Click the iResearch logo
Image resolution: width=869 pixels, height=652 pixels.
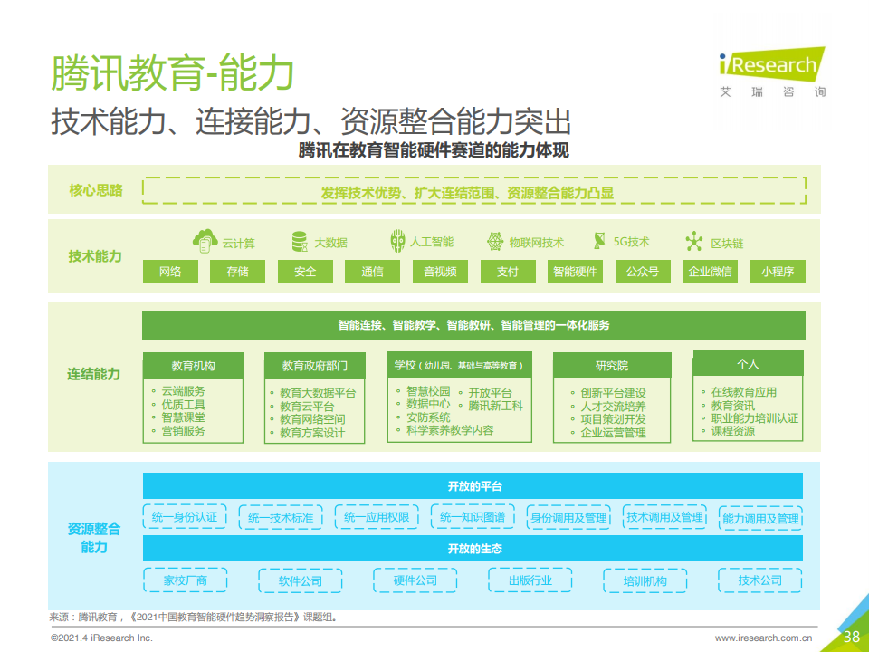772,72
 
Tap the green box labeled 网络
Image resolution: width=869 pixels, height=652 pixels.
170,272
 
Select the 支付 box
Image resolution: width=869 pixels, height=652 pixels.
508,272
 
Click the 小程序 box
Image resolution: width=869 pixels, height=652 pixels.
778,272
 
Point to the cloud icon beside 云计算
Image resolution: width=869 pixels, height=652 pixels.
205,241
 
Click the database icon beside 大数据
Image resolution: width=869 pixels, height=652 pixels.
300,242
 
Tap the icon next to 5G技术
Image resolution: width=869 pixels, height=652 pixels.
599,241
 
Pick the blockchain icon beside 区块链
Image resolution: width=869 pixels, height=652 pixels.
694,242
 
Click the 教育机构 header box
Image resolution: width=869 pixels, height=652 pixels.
194,365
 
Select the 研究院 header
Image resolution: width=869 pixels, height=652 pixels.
612,365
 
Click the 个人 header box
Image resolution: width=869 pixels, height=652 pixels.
748,364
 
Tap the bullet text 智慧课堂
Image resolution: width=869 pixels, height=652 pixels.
184,417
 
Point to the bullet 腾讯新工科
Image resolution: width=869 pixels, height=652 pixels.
495,406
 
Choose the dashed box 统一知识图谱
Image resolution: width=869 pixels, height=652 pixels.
473,517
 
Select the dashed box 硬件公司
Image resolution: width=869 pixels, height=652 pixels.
415,580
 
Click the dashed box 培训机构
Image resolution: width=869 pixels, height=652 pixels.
645,581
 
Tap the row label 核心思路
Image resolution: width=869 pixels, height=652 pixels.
95,190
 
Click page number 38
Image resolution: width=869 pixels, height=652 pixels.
851,637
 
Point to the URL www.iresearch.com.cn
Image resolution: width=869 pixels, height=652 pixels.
763,638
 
